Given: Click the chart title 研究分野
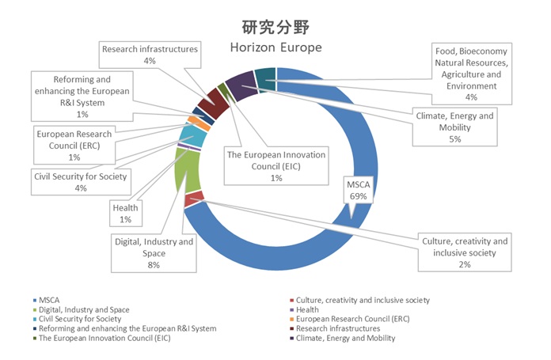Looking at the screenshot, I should tap(275, 27).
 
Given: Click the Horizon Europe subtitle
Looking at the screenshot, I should tap(275, 47).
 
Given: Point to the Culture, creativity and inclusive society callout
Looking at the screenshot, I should tap(464, 252).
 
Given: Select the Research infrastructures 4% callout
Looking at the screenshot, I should tap(150, 55).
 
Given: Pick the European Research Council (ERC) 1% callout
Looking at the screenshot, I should tap(74, 146).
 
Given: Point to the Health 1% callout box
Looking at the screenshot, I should tap(125, 213).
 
